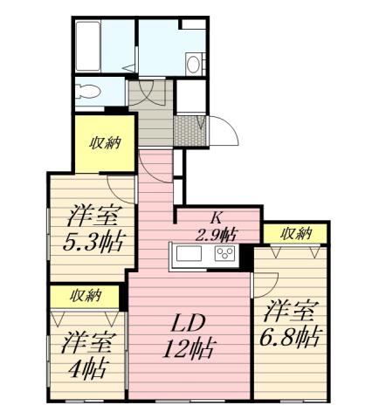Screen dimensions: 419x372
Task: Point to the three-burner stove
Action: (x=224, y=255)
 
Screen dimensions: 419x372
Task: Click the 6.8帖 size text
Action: (x=291, y=335)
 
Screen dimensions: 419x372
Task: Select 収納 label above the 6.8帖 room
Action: (x=297, y=233)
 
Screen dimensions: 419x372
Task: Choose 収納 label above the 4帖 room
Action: (x=85, y=295)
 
